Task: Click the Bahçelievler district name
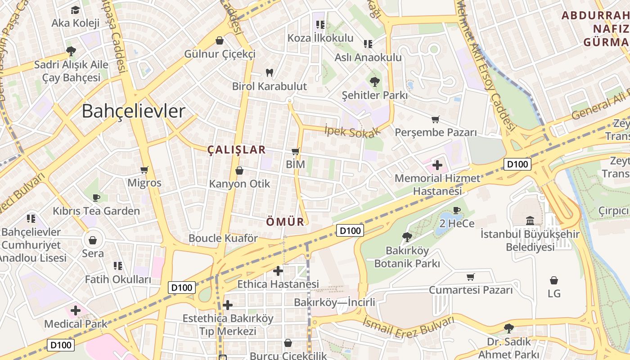(133, 111)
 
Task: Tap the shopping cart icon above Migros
(144, 170)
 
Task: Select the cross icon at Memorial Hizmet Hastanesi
(437, 165)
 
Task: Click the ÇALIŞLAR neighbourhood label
(237, 150)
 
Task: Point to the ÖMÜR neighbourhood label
(285, 222)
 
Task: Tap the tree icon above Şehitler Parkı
(374, 81)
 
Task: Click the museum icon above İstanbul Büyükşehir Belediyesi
(530, 220)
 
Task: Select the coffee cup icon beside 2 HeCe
(457, 210)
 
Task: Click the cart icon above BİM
(296, 151)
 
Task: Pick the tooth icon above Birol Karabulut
(270, 72)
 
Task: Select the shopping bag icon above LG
(554, 280)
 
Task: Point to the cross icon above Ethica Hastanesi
(278, 270)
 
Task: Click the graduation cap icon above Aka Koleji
(75, 9)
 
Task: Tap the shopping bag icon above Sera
(93, 240)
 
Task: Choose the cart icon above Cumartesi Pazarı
(471, 276)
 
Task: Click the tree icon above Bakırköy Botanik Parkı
(407, 236)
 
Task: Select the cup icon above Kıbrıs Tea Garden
(96, 197)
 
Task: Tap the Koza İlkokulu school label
(320, 38)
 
